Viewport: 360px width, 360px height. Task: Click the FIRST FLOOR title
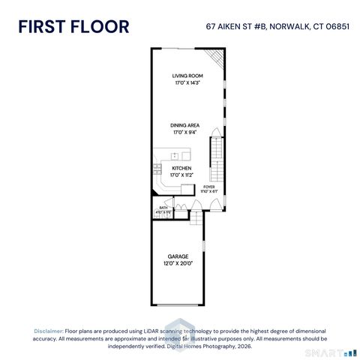pos(73,26)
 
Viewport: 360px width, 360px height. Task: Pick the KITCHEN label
pos(182,169)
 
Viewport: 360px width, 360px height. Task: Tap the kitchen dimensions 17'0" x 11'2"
pos(182,175)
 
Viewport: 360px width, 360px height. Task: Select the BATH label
pos(163,208)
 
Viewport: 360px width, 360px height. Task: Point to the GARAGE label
pos(178,256)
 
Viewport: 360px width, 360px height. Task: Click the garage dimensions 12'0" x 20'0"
pos(178,264)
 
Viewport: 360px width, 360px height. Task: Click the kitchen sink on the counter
pos(174,155)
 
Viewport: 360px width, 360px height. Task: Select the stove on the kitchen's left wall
pos(157,171)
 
